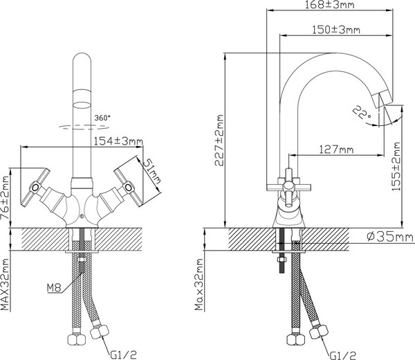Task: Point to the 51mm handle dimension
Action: pyautogui.click(x=154, y=170)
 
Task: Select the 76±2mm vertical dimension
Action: pyautogui.click(x=6, y=197)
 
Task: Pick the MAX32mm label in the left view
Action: pyautogui.click(x=6, y=285)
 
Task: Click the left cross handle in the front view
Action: pyautogui.click(x=37, y=185)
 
